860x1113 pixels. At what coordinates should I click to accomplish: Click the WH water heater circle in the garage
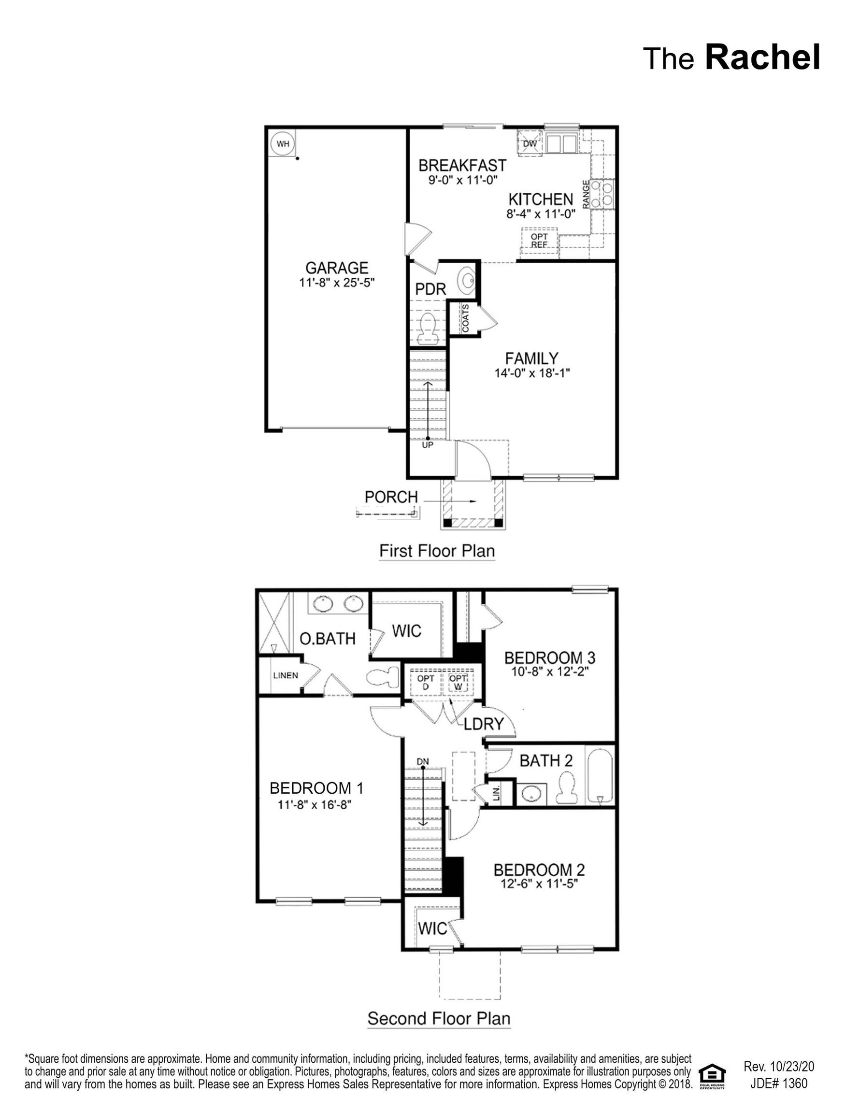tap(283, 143)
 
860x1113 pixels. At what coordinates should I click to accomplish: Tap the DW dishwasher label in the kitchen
tap(530, 143)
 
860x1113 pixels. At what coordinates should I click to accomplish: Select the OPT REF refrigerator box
tap(539, 241)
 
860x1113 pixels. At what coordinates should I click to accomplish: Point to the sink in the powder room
tap(466, 279)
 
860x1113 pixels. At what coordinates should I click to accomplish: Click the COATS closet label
tap(465, 318)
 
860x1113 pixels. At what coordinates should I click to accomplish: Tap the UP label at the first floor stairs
tap(427, 445)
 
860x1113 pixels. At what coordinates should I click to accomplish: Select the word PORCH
tap(391, 497)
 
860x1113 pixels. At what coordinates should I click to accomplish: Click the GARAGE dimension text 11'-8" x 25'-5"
tap(337, 282)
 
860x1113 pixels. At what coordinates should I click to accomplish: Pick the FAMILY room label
tap(531, 358)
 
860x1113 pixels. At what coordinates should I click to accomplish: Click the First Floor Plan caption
tap(437, 551)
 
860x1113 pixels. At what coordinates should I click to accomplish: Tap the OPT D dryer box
tap(426, 682)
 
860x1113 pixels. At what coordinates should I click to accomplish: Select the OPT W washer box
tap(459, 682)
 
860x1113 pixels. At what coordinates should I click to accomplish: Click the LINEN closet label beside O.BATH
tap(286, 676)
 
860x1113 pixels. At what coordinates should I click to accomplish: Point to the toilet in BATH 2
tap(565, 788)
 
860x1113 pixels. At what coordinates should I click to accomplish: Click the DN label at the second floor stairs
tap(423, 762)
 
